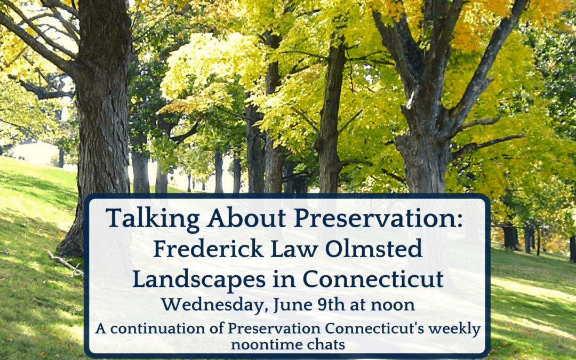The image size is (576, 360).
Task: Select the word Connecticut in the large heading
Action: point(373,279)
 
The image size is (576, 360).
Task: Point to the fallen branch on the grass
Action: point(65,262)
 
